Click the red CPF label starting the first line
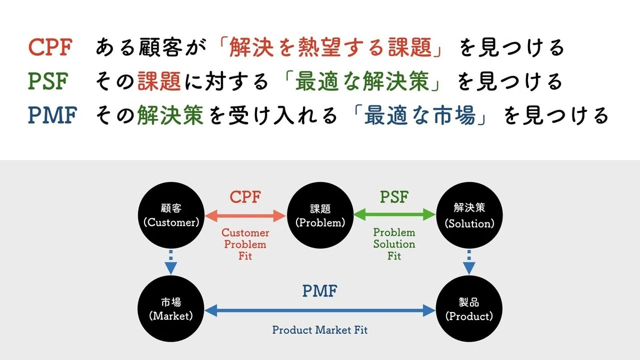(x=50, y=47)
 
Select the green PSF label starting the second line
(x=49, y=81)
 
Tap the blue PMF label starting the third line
(x=53, y=115)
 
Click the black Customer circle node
(x=171, y=215)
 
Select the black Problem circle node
(x=321, y=215)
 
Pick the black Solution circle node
(x=469, y=215)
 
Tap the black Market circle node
(x=171, y=309)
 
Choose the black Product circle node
(x=469, y=309)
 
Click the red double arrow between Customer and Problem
(x=245, y=215)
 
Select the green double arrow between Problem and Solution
(x=395, y=214)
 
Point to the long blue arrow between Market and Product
(x=320, y=310)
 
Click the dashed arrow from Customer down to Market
(x=171, y=262)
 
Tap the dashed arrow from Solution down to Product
(x=469, y=262)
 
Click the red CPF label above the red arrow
(x=245, y=197)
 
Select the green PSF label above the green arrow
(x=394, y=197)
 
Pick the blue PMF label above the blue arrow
(x=319, y=291)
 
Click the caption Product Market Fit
(x=319, y=330)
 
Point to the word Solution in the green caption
(x=394, y=244)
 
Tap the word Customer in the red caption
(x=245, y=233)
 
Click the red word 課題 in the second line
(x=159, y=81)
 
